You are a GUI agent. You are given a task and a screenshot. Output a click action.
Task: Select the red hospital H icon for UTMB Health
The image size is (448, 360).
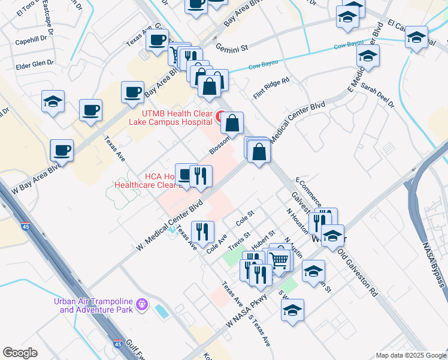(220, 115)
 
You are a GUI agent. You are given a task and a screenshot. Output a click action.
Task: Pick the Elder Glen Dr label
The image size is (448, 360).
(35, 62)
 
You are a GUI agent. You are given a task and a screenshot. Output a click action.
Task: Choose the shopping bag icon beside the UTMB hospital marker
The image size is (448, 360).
(232, 122)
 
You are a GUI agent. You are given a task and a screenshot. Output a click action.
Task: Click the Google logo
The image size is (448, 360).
(20, 353)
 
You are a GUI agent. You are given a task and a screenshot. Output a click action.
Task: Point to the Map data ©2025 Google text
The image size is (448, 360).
(411, 355)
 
